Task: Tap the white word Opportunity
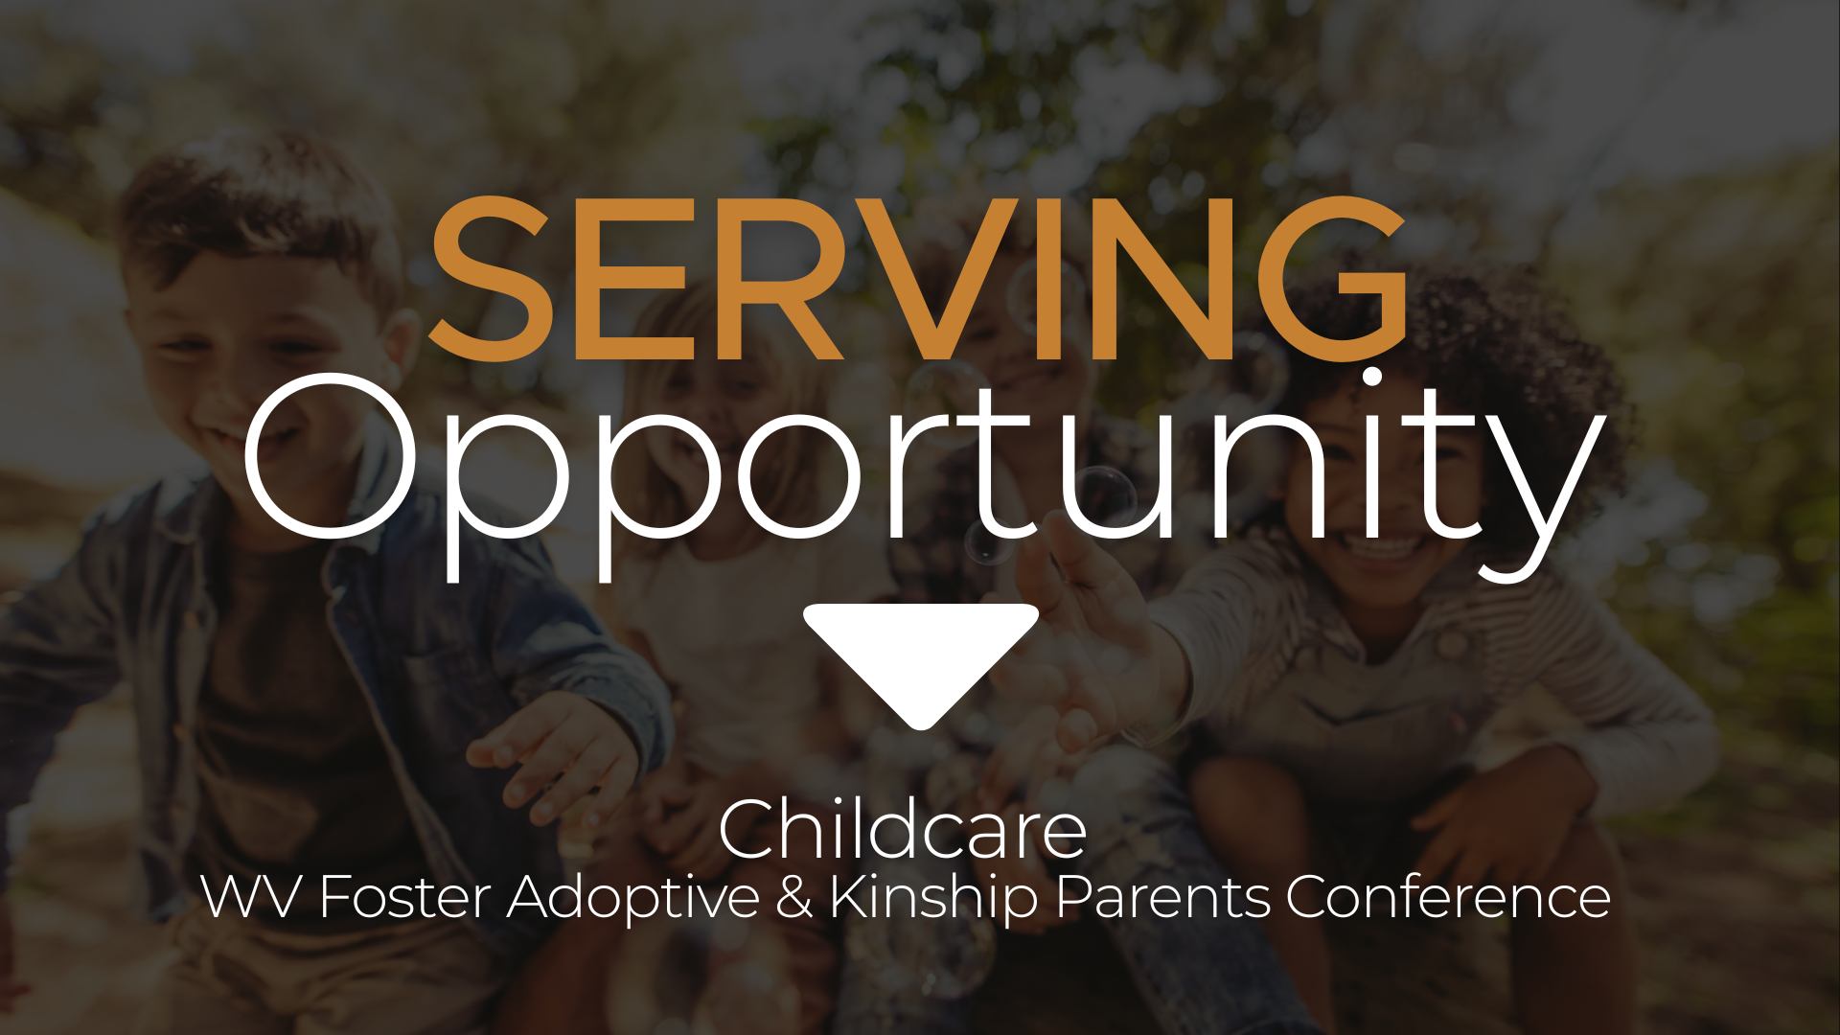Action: (x=925, y=475)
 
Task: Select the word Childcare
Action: (x=903, y=830)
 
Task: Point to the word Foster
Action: (x=404, y=897)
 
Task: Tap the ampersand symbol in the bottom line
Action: (x=794, y=897)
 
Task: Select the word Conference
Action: (x=1448, y=897)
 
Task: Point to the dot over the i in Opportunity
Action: (x=1372, y=378)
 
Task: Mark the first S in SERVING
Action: (x=491, y=278)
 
